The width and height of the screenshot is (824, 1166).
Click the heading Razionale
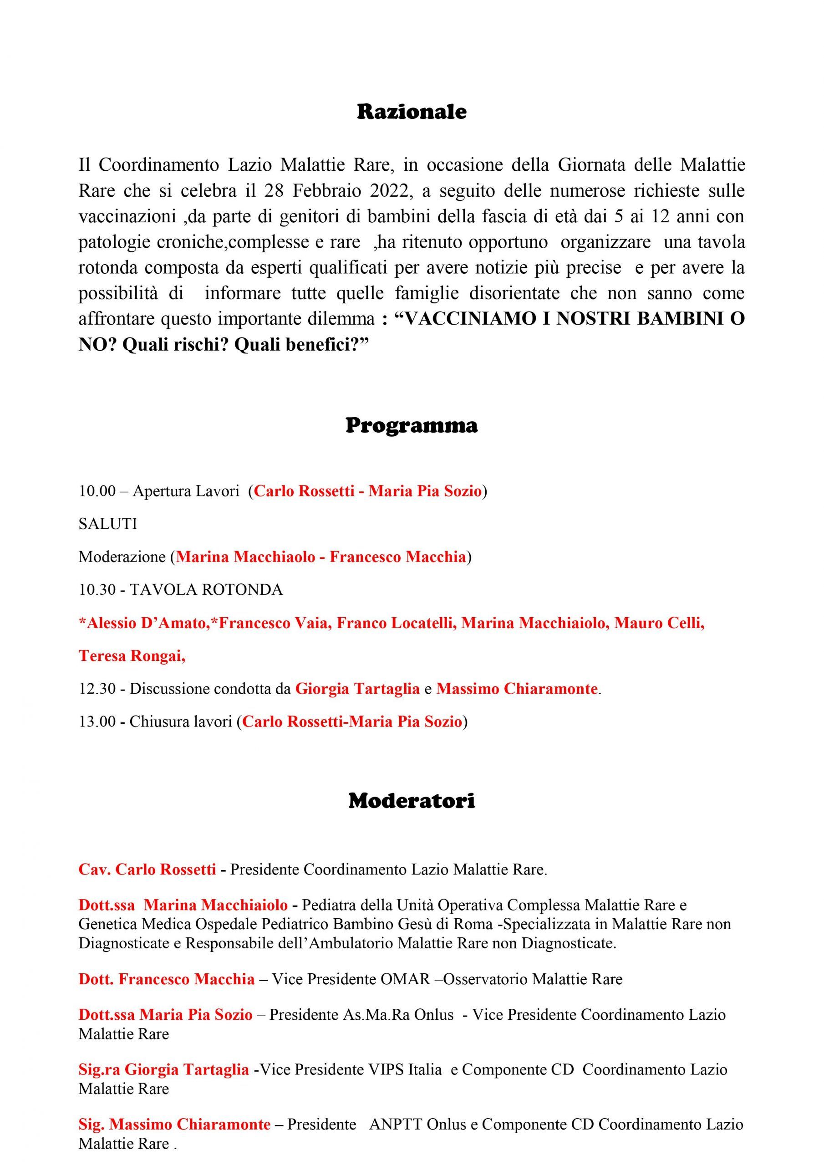(x=411, y=112)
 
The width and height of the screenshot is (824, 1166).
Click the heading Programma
(x=411, y=425)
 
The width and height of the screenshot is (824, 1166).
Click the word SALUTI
(x=107, y=524)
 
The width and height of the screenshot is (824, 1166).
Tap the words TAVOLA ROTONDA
(x=206, y=589)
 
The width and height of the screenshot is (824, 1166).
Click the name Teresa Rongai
(x=131, y=656)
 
